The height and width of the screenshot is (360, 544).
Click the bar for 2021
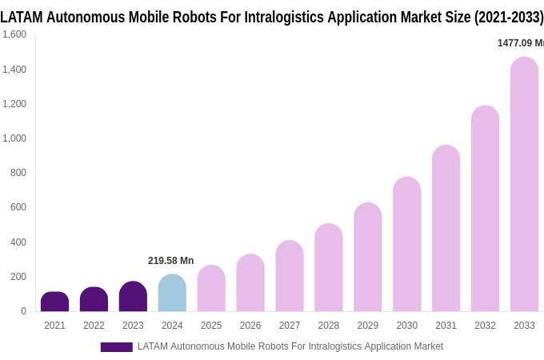pyautogui.click(x=54, y=302)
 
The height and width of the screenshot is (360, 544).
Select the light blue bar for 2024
pyautogui.click(x=172, y=293)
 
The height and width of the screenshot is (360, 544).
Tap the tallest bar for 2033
pyautogui.click(x=524, y=184)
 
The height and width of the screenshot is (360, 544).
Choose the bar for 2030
pyautogui.click(x=406, y=244)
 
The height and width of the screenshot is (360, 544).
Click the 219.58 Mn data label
pyautogui.click(x=170, y=261)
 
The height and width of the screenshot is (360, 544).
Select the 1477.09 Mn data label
pyautogui.click(x=520, y=43)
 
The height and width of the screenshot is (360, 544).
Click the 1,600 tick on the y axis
pyautogui.click(x=14, y=34)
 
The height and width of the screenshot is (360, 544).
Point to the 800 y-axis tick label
pyautogui.click(x=18, y=173)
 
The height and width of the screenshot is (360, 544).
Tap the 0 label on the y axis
pyautogui.click(x=23, y=311)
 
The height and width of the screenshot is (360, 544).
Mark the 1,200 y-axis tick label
pyautogui.click(x=14, y=104)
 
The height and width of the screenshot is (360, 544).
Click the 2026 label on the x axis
pyautogui.click(x=250, y=326)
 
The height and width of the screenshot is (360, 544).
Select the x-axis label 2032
pyautogui.click(x=485, y=326)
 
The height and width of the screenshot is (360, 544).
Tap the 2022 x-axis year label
pyautogui.click(x=94, y=326)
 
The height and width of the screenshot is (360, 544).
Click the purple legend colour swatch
pyautogui.click(x=116, y=347)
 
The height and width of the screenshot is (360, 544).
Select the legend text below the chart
pyautogui.click(x=290, y=346)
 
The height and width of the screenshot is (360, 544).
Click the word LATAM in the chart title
pyautogui.click(x=22, y=17)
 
